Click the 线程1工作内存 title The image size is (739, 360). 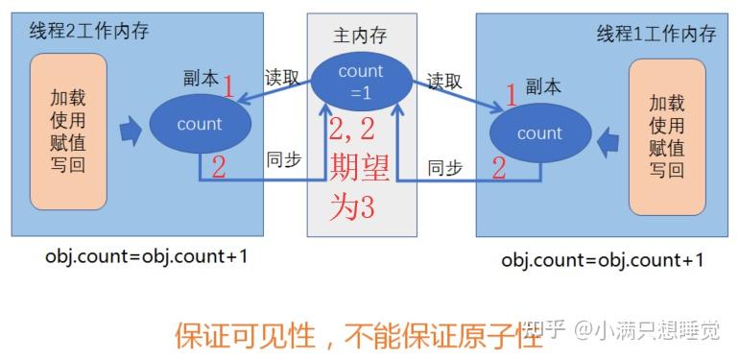(656, 34)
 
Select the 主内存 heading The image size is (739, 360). (361, 36)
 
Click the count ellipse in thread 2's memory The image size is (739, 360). (200, 124)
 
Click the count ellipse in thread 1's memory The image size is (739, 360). (539, 133)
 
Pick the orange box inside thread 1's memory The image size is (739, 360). (666, 136)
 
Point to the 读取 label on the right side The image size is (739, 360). (446, 81)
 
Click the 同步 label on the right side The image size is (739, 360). (444, 167)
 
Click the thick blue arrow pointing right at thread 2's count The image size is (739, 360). (130, 128)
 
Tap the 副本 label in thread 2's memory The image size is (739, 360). (203, 76)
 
